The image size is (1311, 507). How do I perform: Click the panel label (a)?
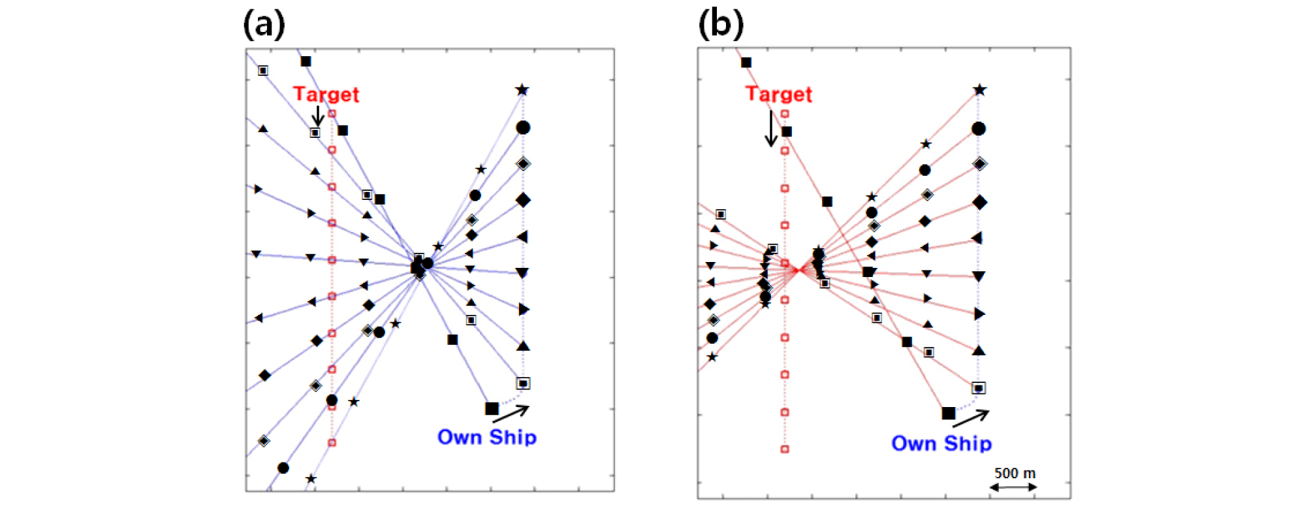pyautogui.click(x=264, y=25)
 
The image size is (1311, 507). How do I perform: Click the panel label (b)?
pyautogui.click(x=720, y=25)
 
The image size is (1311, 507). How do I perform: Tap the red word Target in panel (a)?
pyautogui.click(x=326, y=94)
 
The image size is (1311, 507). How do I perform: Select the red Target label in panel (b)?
pyautogui.click(x=779, y=94)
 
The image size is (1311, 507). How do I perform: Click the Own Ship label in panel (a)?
pyautogui.click(x=487, y=437)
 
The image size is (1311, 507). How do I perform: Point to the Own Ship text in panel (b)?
pyautogui.click(x=941, y=443)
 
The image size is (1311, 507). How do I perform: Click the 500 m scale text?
pyautogui.click(x=1015, y=473)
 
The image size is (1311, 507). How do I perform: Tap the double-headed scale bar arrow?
pyautogui.click(x=1013, y=487)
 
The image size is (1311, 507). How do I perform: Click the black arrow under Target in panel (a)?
pyautogui.click(x=318, y=116)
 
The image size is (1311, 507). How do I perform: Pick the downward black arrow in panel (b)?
pyautogui.click(x=771, y=128)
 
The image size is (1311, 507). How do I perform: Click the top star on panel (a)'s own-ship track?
pyautogui.click(x=522, y=90)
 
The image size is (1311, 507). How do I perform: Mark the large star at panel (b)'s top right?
pyautogui.click(x=979, y=90)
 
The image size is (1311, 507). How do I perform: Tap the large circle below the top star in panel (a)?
pyautogui.click(x=523, y=127)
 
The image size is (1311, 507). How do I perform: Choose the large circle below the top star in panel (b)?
pyautogui.click(x=979, y=129)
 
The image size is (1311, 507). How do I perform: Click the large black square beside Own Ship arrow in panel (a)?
pyautogui.click(x=492, y=408)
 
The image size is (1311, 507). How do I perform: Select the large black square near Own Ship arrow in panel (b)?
pyautogui.click(x=949, y=413)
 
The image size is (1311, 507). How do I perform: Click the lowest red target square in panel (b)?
pyautogui.click(x=785, y=449)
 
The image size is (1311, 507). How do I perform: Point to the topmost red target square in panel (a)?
pyautogui.click(x=332, y=114)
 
